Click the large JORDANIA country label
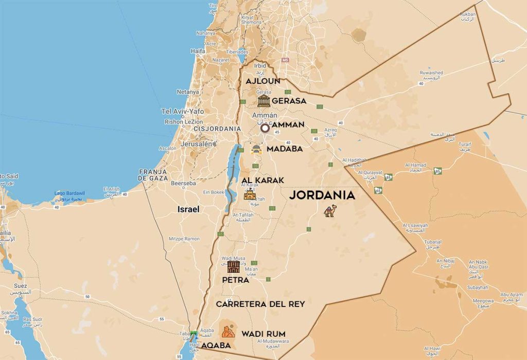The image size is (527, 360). pos(322,195)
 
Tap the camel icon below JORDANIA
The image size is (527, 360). pos(330,211)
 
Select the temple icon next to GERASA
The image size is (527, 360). pos(264,101)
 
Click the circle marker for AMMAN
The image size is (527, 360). pos(265,128)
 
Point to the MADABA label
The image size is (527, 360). pos(285,149)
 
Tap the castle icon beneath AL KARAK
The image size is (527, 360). pos(250,194)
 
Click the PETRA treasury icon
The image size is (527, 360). pos(234,266)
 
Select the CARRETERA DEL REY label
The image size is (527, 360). pos(260,304)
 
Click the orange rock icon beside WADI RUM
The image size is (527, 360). pos(227,331)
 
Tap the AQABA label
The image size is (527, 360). pos(216,346)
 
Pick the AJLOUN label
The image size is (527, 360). pos(263,81)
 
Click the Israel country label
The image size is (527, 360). pos(188,209)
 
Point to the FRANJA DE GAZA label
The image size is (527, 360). pos(153,175)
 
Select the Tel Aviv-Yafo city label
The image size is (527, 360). pos(183,111)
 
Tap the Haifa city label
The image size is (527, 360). pos(198,51)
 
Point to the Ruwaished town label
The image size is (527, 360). pos(431,73)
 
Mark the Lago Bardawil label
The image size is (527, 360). pos(70,193)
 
